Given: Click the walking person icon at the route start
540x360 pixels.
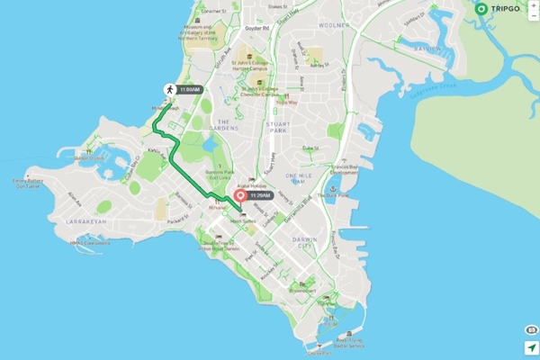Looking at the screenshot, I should (x=167, y=90).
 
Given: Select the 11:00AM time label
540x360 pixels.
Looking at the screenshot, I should (x=190, y=90).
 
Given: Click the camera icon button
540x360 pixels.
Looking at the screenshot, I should (x=530, y=330).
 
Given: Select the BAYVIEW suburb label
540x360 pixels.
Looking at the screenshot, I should (x=426, y=49).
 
